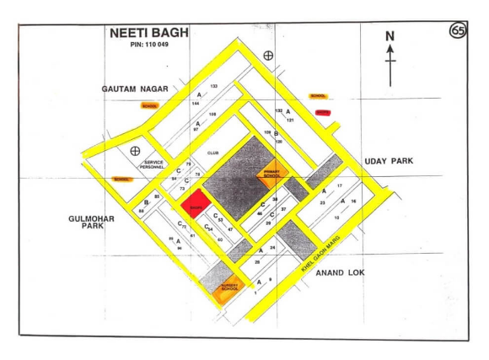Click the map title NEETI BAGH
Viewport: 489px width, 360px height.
point(149,34)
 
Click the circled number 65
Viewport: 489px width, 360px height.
point(458,31)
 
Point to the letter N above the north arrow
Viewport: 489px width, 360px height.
point(390,36)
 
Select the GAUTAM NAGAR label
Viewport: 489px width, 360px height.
point(135,88)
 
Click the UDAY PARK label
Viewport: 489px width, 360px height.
point(389,160)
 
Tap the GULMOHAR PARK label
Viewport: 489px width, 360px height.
point(91,222)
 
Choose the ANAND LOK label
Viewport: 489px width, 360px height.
point(338,274)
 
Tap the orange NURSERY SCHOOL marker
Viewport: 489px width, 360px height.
point(229,288)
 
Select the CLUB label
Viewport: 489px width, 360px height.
point(212,153)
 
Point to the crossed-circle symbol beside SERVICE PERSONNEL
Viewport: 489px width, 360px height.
point(134,151)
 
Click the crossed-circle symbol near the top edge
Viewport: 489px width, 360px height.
point(268,56)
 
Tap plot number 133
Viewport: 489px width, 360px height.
point(214,86)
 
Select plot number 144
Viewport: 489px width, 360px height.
point(196,103)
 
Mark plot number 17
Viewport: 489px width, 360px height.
point(339,185)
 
